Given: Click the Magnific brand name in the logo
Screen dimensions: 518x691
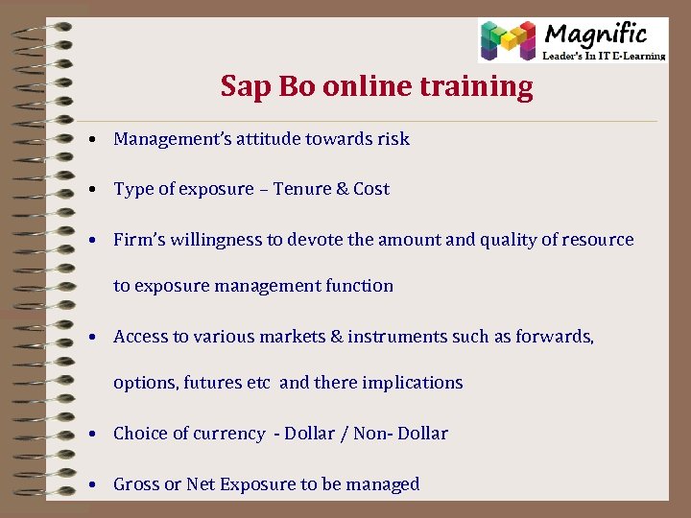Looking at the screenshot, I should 596,35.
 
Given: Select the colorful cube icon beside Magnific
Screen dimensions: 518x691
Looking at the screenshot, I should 508,41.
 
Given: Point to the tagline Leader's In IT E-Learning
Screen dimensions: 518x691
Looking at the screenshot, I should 604,56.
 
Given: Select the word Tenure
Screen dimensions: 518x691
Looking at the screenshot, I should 301,189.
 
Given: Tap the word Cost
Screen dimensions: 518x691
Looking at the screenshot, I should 371,189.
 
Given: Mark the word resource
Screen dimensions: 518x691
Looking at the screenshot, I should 597,240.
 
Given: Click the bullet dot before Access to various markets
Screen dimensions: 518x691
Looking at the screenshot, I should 88,338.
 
